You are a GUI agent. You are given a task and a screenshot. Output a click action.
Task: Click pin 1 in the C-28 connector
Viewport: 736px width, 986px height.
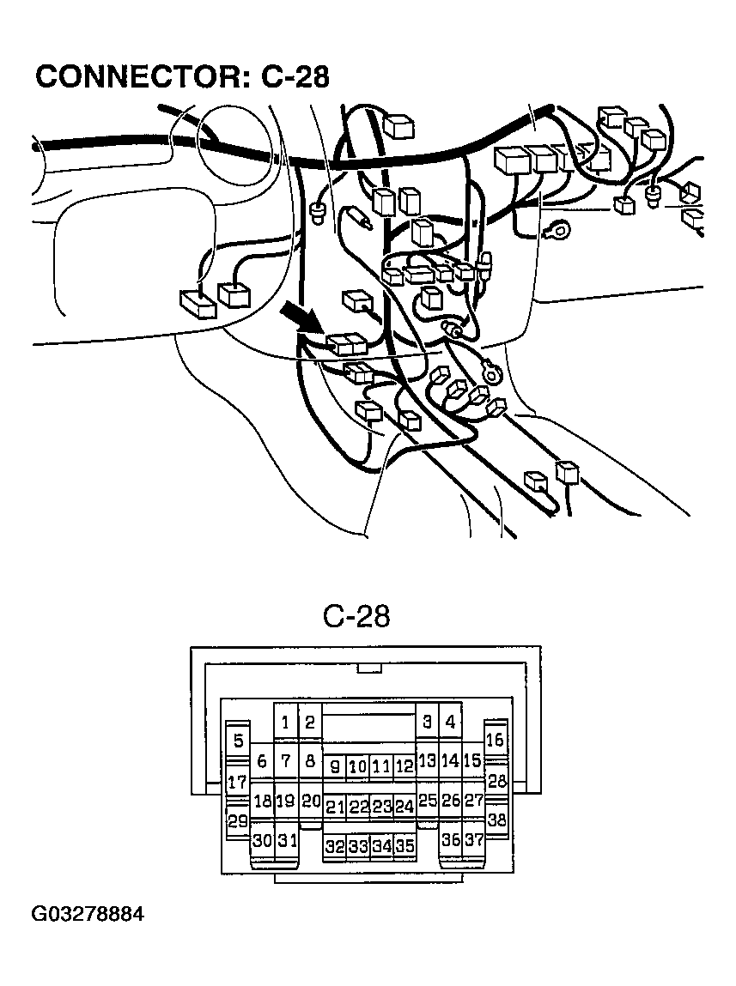[285, 723]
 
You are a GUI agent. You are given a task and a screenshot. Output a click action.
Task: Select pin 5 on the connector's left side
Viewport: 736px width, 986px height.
[238, 741]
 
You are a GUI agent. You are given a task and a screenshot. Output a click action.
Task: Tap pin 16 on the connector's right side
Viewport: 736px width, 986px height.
[495, 740]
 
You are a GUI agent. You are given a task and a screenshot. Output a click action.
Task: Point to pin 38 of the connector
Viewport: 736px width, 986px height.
[496, 820]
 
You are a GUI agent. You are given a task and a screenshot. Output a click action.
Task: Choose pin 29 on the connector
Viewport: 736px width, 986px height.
[237, 820]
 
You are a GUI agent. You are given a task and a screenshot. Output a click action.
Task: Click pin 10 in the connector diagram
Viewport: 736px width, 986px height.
[358, 766]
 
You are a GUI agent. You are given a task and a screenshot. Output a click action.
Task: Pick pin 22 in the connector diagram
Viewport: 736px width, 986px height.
[359, 807]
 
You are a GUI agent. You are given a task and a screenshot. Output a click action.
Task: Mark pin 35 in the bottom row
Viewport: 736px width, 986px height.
[404, 846]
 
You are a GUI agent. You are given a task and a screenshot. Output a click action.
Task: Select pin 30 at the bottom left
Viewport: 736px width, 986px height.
[262, 841]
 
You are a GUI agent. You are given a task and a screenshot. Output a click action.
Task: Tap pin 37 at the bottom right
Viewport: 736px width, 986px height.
[473, 840]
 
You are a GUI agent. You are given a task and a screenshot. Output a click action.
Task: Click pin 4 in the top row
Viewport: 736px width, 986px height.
[450, 723]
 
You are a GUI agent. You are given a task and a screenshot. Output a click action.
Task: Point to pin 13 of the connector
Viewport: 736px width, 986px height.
[427, 760]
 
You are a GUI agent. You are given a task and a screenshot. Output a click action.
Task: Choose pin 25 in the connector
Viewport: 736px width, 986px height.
[427, 802]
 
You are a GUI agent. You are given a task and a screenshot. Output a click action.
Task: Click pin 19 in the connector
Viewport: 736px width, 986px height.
[285, 802]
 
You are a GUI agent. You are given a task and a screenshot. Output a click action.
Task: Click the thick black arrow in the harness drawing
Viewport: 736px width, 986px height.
[303, 318]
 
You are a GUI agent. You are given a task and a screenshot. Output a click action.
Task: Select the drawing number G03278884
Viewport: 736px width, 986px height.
[88, 915]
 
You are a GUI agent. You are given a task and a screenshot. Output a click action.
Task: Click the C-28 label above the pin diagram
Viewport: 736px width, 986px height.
[356, 615]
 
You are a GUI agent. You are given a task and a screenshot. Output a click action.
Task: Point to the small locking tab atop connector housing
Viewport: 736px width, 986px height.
[369, 668]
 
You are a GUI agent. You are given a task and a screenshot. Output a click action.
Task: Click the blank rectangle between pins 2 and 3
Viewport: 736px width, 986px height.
[368, 729]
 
